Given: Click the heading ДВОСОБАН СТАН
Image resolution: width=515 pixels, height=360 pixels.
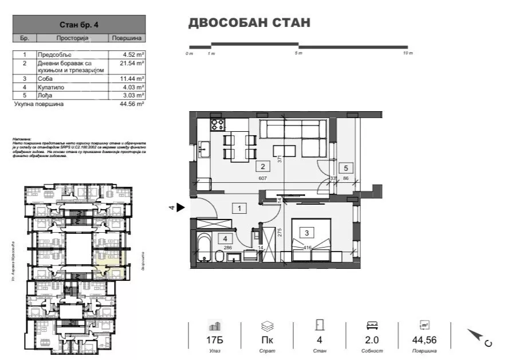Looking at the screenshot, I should pyautogui.click(x=249, y=23).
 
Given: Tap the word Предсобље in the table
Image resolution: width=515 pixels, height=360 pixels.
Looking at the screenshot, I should pyautogui.click(x=53, y=55).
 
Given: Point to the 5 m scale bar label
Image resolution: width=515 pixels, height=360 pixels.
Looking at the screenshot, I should pyautogui.click(x=298, y=53).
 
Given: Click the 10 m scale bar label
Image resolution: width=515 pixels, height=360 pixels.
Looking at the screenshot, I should pyautogui.click(x=407, y=53).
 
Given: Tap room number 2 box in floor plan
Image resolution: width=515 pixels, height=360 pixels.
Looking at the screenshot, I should pyautogui.click(x=262, y=167).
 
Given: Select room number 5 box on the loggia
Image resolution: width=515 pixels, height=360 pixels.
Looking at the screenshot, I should pyautogui.click(x=345, y=168).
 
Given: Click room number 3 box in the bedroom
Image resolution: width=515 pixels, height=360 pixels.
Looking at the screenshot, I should pyautogui.click(x=306, y=233).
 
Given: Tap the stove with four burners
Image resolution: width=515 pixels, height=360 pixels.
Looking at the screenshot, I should pyautogui.click(x=218, y=125).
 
